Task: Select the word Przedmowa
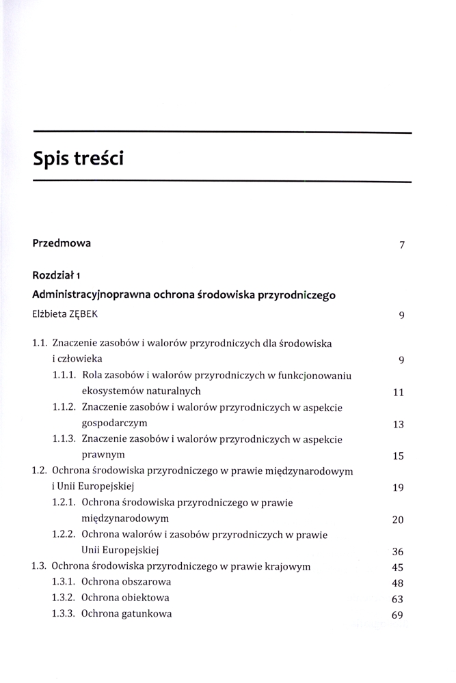point(62,242)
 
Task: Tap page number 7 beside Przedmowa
point(403,245)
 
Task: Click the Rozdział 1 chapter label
point(57,276)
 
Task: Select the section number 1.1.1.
point(64,375)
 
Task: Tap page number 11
point(399,392)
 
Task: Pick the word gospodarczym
point(113,423)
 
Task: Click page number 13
point(399,424)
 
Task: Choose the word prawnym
point(100,455)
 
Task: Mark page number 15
point(399,456)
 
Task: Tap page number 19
point(399,488)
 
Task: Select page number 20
point(399,520)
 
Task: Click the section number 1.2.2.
point(64,534)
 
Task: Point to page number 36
point(399,552)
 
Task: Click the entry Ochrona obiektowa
point(125,598)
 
